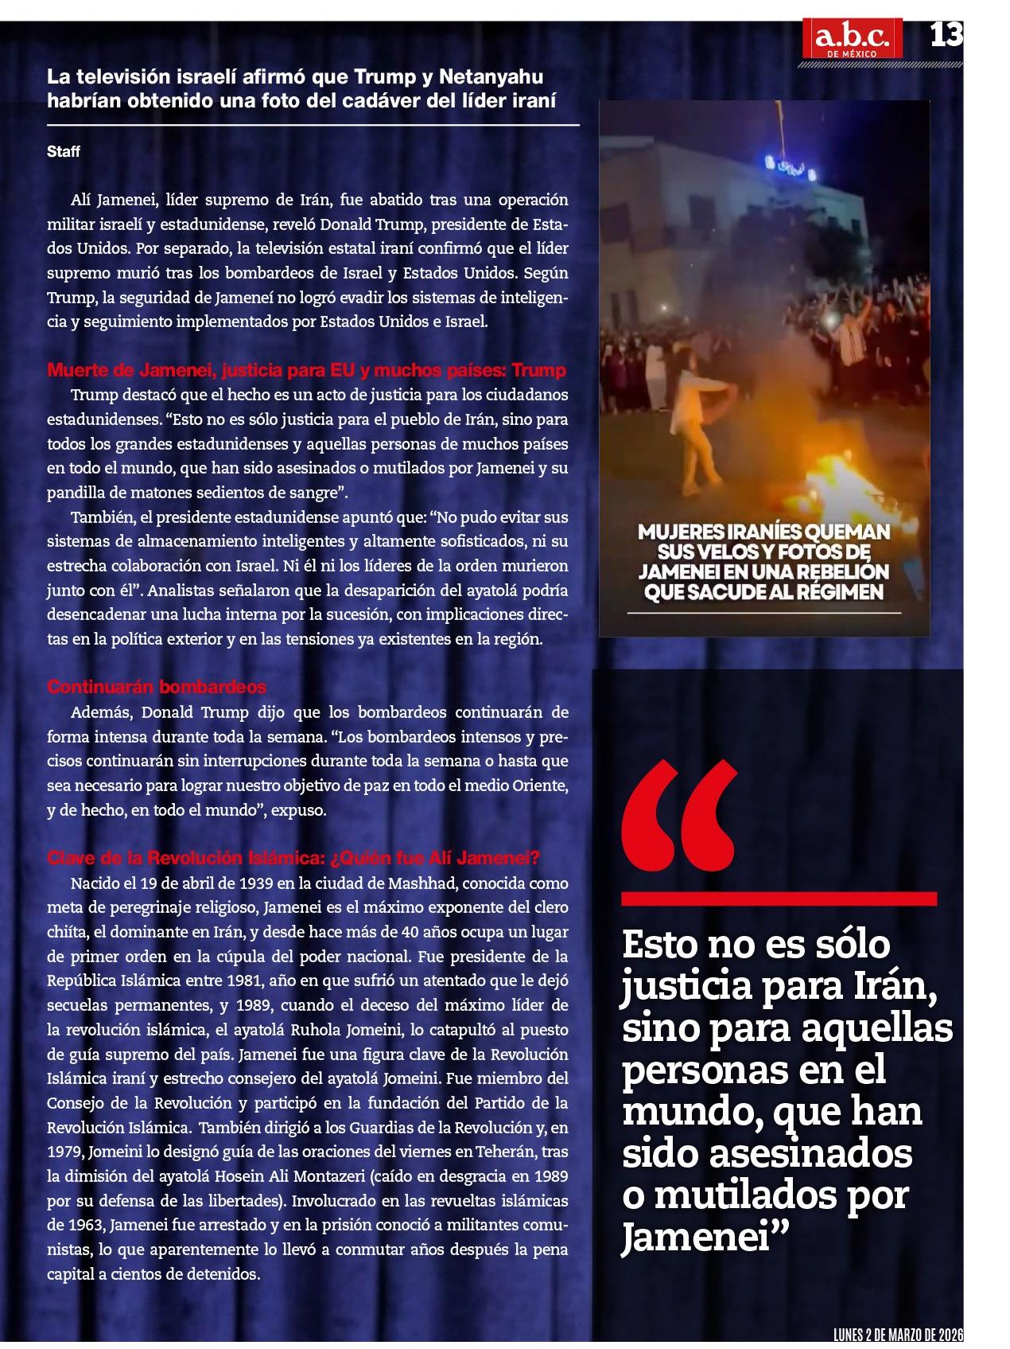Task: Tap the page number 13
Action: pos(946,34)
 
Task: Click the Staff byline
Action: pos(64,151)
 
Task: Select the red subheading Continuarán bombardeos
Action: pos(157,686)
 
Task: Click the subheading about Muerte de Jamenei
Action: pos(306,370)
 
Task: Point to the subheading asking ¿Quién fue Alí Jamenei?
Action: pos(293,858)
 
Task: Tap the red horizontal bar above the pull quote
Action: pos(779,898)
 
